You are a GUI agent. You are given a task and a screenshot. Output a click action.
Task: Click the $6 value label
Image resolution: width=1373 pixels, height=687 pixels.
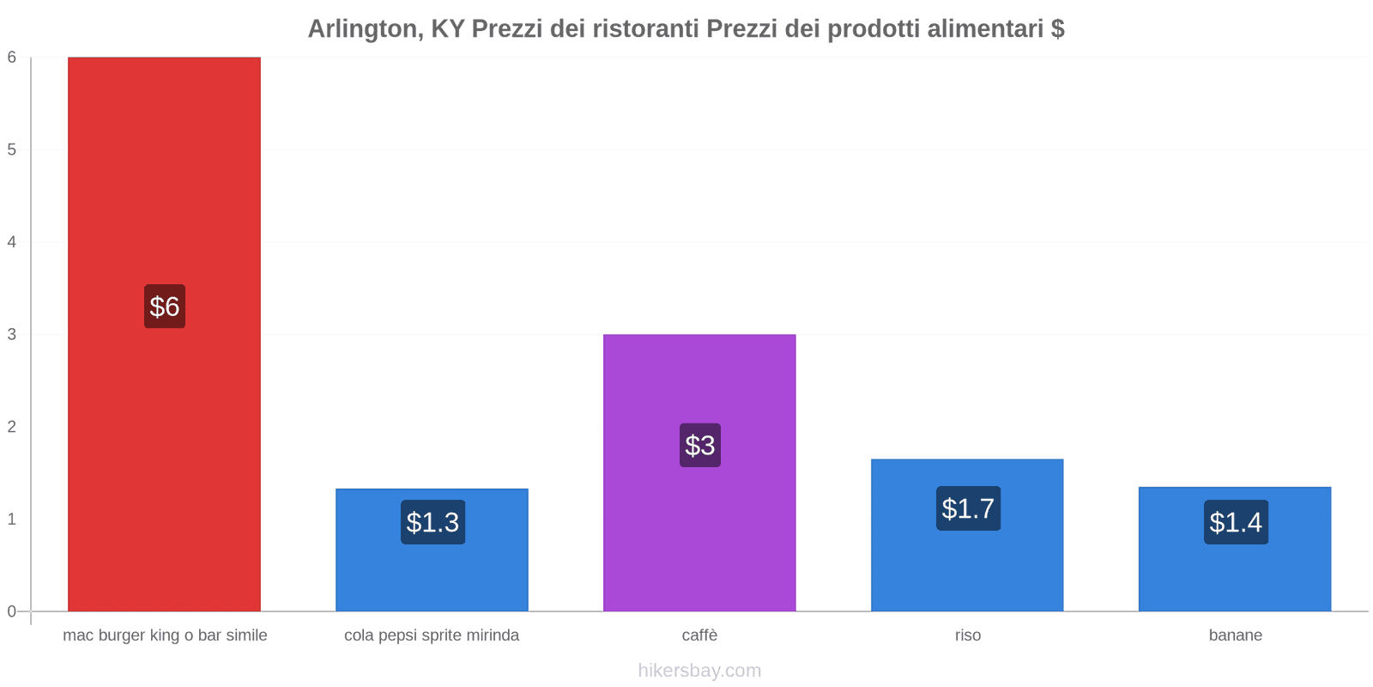165,307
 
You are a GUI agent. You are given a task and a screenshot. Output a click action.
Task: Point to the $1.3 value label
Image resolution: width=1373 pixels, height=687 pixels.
432,522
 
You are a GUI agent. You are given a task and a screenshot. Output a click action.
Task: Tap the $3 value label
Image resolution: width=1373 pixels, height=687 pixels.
700,445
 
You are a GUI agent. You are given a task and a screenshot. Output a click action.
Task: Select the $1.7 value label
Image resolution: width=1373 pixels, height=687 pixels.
968,508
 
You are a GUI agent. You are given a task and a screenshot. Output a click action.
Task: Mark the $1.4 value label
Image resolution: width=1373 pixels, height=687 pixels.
1236,522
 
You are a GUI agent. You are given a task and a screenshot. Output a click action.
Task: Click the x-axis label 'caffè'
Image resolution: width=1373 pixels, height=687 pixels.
699,635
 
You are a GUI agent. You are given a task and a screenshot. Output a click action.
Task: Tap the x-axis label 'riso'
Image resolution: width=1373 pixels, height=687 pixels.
967,635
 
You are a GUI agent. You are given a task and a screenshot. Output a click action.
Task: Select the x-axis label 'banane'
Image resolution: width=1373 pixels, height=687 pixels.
1235,635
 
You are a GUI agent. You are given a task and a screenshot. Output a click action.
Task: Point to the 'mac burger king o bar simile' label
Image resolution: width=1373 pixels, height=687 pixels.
165,635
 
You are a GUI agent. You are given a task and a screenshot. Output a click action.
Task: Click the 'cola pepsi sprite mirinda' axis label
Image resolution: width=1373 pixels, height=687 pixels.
432,635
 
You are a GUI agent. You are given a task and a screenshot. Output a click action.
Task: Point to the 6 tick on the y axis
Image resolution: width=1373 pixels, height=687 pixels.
12,58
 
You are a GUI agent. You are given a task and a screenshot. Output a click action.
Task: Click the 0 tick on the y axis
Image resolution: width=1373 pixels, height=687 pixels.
12,611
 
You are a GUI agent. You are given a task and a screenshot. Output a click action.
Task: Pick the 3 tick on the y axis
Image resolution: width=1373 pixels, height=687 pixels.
12,334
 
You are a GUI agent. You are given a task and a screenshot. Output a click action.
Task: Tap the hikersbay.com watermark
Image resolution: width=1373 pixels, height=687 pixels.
699,671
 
